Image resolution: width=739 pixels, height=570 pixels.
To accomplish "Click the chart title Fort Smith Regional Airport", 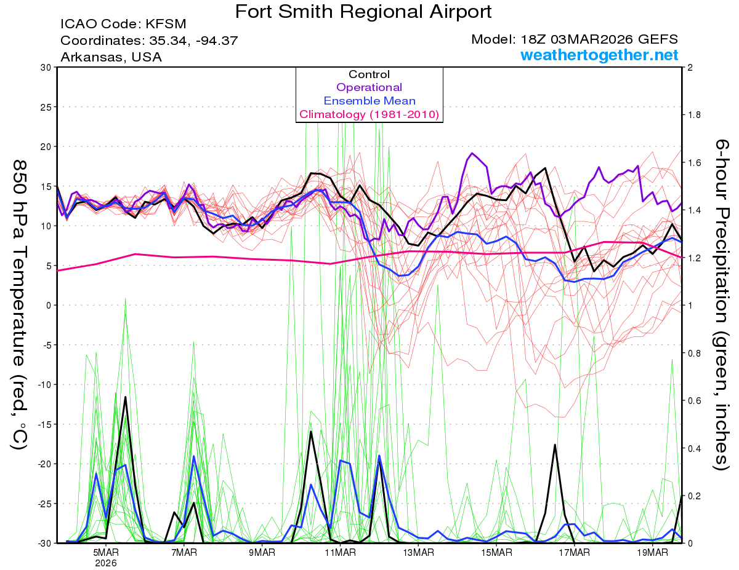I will coord(364,11).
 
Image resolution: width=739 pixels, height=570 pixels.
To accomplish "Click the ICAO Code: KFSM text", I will coord(123,25).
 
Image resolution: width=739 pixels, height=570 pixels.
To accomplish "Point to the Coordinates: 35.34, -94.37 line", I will coord(149,41).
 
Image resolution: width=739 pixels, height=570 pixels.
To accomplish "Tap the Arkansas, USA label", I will coord(111,57).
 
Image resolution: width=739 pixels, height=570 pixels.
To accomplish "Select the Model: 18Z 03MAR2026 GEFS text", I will coord(575,39).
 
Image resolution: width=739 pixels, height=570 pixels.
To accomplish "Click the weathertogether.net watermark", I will coord(599,55).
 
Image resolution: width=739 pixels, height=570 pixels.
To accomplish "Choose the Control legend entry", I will coord(369,74).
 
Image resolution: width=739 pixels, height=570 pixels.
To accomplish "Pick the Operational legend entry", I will coord(369,87).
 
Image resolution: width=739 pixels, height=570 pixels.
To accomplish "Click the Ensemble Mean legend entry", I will coord(369,101).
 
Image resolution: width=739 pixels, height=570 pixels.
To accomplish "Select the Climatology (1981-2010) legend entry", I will coord(369,114).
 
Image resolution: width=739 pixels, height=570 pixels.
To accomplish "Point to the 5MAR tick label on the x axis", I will coord(106,553).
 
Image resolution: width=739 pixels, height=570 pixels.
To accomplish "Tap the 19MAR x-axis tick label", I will coord(652,553).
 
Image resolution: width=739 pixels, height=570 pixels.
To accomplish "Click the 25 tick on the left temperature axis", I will coord(44,107).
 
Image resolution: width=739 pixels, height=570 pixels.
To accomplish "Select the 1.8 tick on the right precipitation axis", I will coord(694,115).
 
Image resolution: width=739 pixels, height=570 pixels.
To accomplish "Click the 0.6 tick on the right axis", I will coord(694,401).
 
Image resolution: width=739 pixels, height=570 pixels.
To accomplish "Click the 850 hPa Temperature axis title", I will coord(18,304).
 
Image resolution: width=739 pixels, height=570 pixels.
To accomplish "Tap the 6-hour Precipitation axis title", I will coord(722,304).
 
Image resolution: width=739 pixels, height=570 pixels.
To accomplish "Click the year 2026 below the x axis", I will coord(106,563).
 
